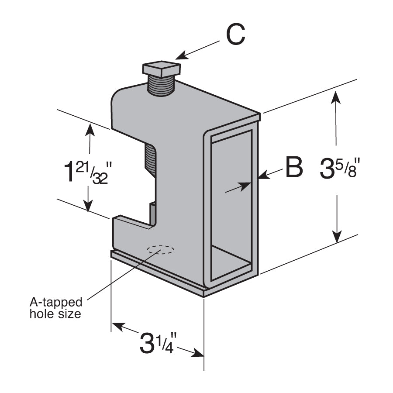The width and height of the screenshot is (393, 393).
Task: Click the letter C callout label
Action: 236,35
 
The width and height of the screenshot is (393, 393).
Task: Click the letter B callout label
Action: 294,168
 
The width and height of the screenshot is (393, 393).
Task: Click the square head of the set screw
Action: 161,68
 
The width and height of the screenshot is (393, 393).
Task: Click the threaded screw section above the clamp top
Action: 161,85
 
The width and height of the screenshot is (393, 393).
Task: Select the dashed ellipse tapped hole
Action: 160,250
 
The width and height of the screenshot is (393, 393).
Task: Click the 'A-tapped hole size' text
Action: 55,307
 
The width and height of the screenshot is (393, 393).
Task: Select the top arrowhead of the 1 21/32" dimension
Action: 90,129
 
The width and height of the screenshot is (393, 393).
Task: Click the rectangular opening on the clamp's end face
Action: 231,205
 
